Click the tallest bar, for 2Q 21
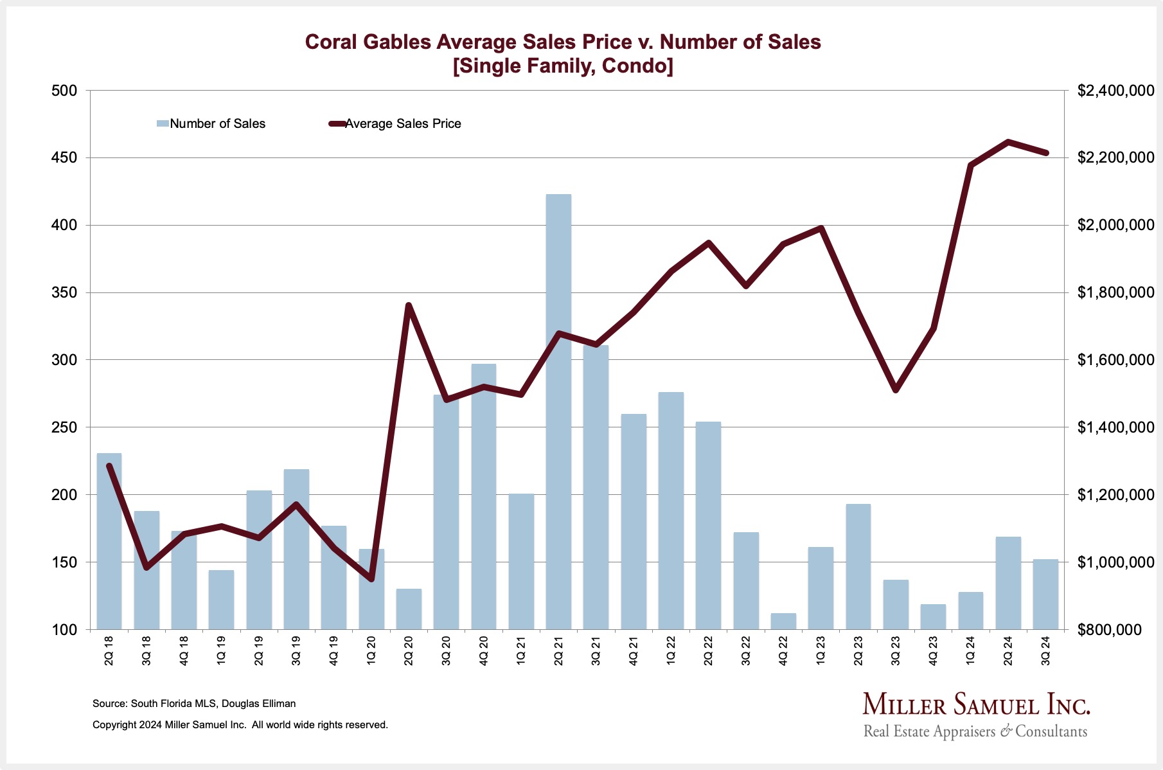tap(558, 411)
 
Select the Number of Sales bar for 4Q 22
tap(783, 622)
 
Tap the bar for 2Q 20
tap(409, 609)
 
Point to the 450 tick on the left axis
tap(64, 158)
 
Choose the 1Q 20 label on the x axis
tap(371, 650)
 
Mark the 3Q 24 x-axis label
tap(1046, 650)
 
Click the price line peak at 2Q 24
tap(1008, 142)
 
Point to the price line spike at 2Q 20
tap(409, 305)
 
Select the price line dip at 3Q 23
tap(896, 390)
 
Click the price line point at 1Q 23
tap(821, 228)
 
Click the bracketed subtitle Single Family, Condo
tap(563, 66)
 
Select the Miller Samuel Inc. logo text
tap(976, 705)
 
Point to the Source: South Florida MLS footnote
tap(194, 704)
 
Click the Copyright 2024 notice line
tap(240, 725)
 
